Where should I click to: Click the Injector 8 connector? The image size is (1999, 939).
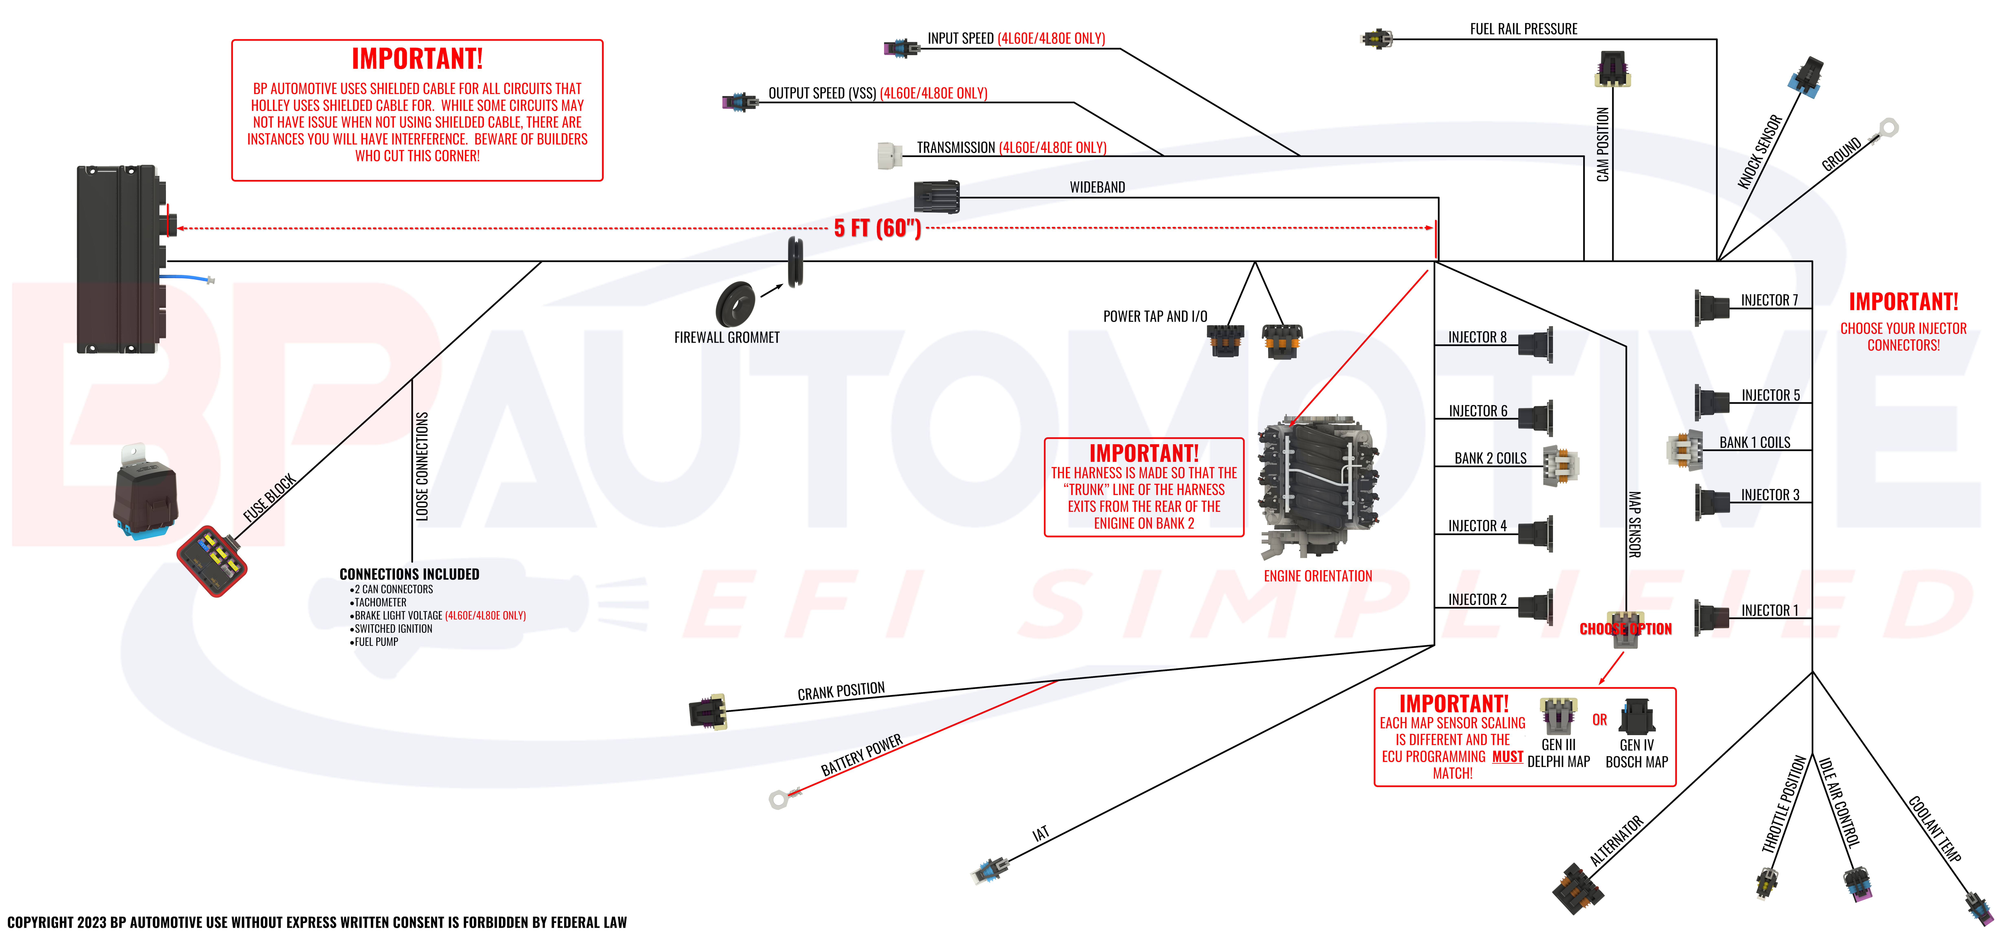click(1536, 345)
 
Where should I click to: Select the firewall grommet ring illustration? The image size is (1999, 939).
click(735, 304)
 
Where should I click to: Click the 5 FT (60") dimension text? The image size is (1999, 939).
click(877, 228)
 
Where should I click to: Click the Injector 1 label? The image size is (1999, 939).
click(1769, 611)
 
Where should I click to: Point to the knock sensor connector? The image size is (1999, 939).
click(1806, 78)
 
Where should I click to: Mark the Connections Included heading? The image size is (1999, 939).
click(409, 574)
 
